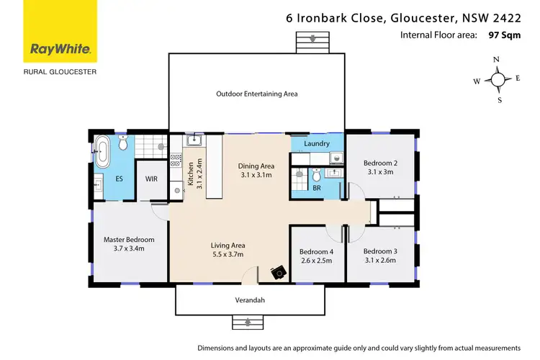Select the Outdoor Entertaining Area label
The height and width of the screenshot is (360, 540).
tap(257, 94)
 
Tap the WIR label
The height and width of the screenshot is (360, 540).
tap(151, 179)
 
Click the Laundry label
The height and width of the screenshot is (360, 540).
tap(317, 144)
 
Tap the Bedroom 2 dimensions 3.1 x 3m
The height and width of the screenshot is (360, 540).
tap(380, 172)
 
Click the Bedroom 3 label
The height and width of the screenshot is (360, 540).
tap(380, 251)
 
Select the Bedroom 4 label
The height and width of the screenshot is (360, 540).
tap(316, 251)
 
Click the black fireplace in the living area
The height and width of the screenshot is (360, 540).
tap(278, 272)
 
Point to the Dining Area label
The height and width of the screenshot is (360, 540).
tap(256, 166)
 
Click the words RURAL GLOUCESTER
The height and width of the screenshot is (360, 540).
tap(60, 71)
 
